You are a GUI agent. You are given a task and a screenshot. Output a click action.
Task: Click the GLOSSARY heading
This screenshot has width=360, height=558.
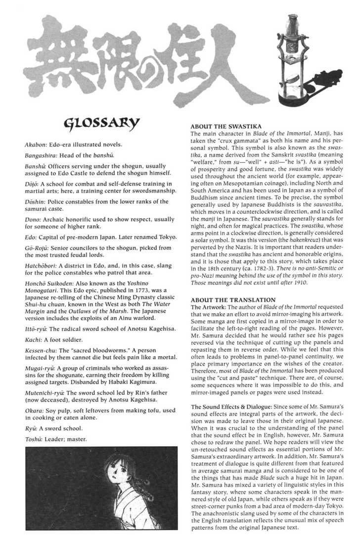pos(101,122)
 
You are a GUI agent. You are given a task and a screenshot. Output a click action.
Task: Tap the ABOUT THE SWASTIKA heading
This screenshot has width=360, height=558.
pos(225,126)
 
